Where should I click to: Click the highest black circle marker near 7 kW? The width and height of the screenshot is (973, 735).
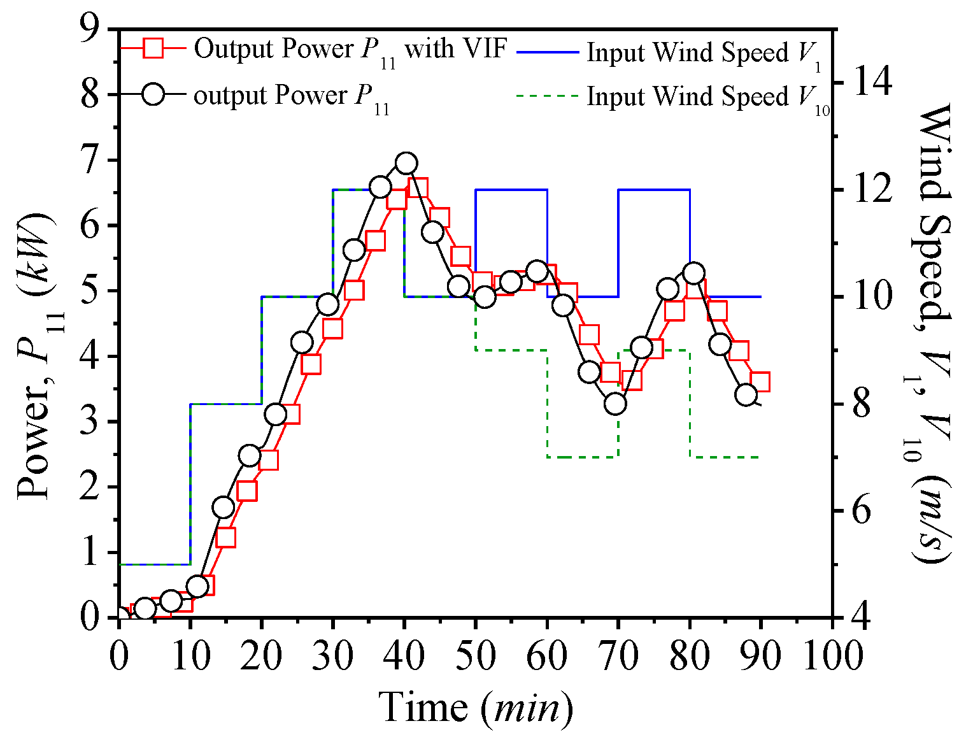(406, 164)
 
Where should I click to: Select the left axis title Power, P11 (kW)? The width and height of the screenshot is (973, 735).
(34, 357)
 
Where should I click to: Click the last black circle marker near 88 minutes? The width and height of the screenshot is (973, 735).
(746, 395)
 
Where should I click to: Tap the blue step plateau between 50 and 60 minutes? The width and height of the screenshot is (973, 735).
(511, 189)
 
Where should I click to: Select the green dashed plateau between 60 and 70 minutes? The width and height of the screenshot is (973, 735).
(583, 457)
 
